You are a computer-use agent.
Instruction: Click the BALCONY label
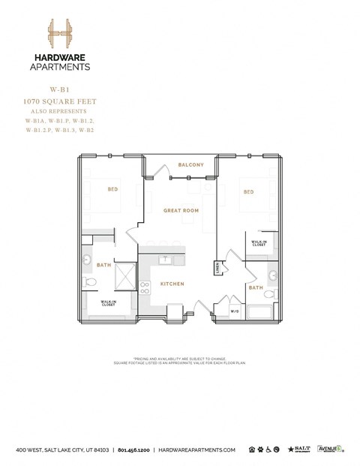(191, 164)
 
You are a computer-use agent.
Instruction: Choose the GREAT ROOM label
(181, 211)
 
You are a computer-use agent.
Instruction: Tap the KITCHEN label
(172, 284)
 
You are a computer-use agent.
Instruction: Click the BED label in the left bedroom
(113, 189)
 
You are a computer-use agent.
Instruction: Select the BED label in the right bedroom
(249, 191)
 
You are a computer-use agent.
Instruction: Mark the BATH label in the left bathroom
(103, 265)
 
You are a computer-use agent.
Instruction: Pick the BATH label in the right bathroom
(256, 287)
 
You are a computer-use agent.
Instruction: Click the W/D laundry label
(234, 311)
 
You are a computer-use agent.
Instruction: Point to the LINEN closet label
(217, 266)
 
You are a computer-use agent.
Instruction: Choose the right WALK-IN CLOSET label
(259, 243)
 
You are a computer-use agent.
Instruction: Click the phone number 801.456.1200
(134, 449)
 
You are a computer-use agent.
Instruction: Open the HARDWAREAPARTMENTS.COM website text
(197, 449)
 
